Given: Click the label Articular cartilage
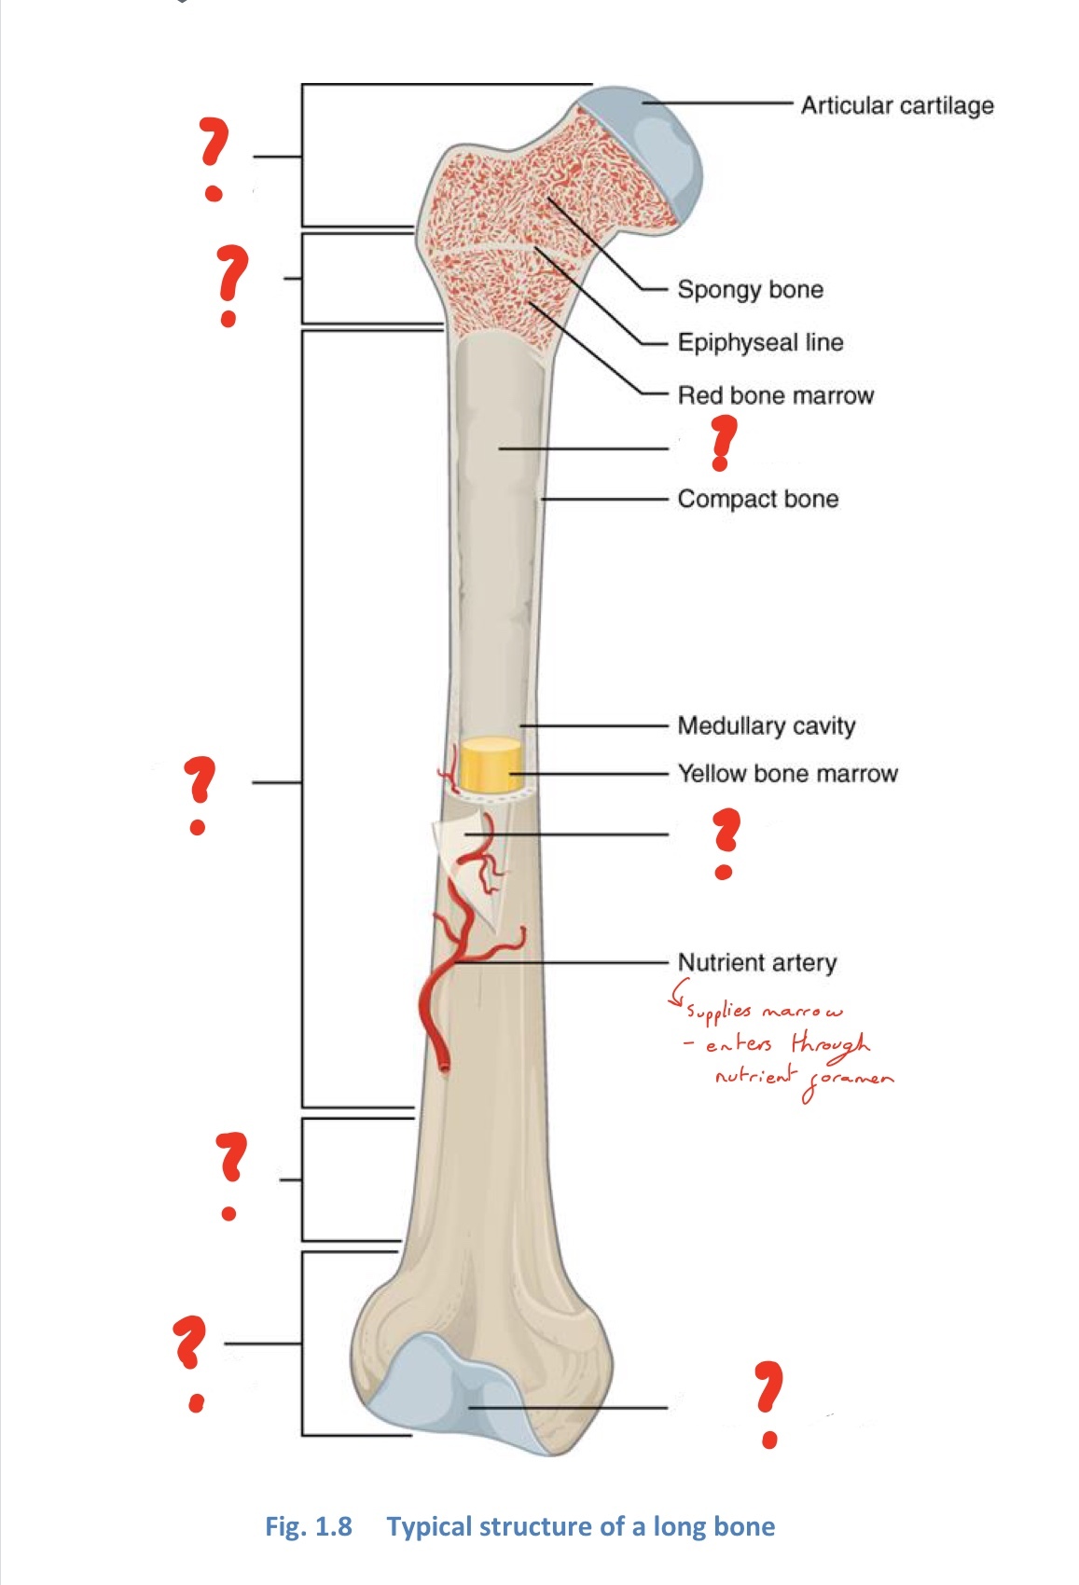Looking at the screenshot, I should [896, 105].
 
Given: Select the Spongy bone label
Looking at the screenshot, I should [750, 289].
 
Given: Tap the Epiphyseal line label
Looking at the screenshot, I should [760, 342].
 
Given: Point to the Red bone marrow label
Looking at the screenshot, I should [775, 395].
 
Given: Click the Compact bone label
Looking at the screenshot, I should [757, 499].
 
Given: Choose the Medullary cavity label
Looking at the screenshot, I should [766, 725].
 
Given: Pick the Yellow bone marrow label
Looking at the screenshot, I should [787, 773].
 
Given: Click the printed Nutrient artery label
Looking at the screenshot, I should [756, 962].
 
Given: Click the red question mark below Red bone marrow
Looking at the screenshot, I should [722, 442].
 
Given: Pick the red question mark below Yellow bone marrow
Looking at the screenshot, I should [725, 843].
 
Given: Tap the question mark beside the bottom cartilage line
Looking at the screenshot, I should [768, 1403].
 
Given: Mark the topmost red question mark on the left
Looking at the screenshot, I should [214, 158].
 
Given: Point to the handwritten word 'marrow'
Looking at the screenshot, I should [802, 1012].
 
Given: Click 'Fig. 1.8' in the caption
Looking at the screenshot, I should [309, 1526].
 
